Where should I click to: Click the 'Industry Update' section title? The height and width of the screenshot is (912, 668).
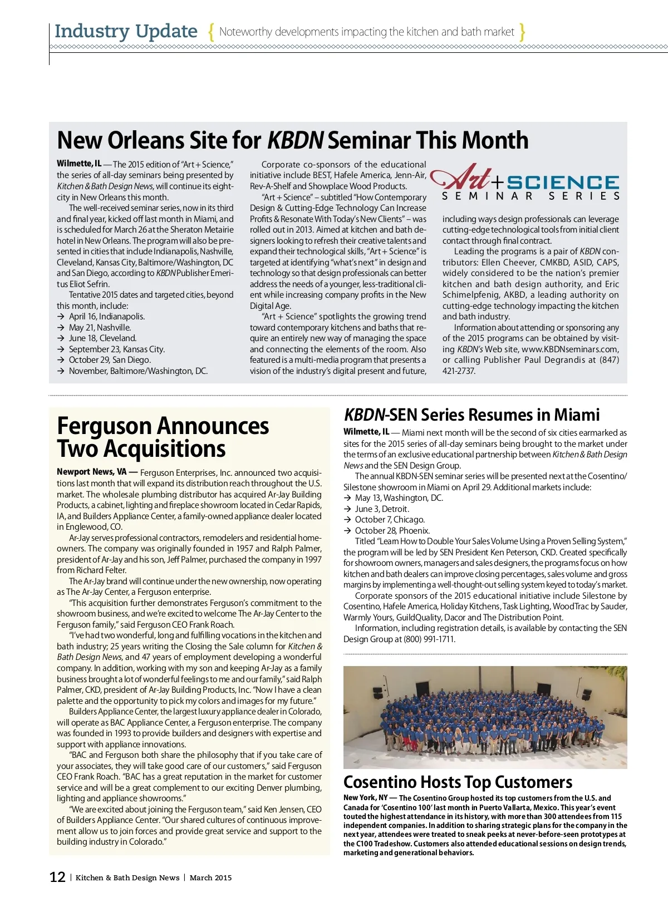point(126,31)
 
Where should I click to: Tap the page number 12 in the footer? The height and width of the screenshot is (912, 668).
point(57,878)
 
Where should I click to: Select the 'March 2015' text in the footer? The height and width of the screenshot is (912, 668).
point(210,878)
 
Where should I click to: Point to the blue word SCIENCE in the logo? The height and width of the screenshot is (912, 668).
point(563,183)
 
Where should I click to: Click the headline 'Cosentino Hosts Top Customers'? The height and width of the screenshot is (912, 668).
point(458,782)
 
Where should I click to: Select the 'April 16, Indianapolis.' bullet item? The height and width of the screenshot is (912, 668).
point(106,317)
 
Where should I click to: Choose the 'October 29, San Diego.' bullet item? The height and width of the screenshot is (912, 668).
point(110,360)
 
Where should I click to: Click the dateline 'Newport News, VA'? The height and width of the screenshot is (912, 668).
point(91,472)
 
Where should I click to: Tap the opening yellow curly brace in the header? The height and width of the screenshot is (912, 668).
point(211,32)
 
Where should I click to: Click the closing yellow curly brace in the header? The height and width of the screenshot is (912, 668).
point(522,32)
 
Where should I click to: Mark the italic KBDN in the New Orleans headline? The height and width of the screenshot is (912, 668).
point(295,140)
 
